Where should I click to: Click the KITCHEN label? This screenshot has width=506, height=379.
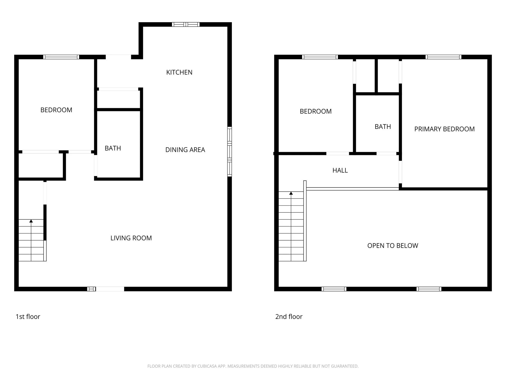point(179,72)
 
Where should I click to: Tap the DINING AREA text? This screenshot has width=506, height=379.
point(185,150)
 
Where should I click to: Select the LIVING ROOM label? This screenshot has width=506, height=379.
point(131,238)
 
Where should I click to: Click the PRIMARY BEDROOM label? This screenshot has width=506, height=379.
point(444,129)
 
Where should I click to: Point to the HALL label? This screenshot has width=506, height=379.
point(340,171)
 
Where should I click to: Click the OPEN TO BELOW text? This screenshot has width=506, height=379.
point(393,246)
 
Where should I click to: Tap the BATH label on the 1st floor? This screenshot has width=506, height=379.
point(113,148)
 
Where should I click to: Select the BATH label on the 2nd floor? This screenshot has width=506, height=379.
point(383,127)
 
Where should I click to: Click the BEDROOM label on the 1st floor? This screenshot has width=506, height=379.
point(56,110)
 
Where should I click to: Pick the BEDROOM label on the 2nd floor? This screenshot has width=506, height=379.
point(315,111)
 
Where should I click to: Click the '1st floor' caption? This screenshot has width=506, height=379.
point(28,317)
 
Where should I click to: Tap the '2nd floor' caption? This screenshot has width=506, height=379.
point(289,317)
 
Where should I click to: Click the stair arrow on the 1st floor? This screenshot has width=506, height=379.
point(31,221)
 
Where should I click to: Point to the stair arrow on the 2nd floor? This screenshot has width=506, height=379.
point(291,193)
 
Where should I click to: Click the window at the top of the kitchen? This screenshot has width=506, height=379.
point(186,24)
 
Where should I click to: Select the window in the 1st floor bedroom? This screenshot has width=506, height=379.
point(61,57)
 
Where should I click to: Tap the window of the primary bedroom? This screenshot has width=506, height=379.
point(443,57)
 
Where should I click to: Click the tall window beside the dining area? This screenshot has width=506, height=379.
point(230,152)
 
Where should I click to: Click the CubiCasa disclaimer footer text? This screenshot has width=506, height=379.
point(253,366)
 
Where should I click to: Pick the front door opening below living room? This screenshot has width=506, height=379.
point(110,289)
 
